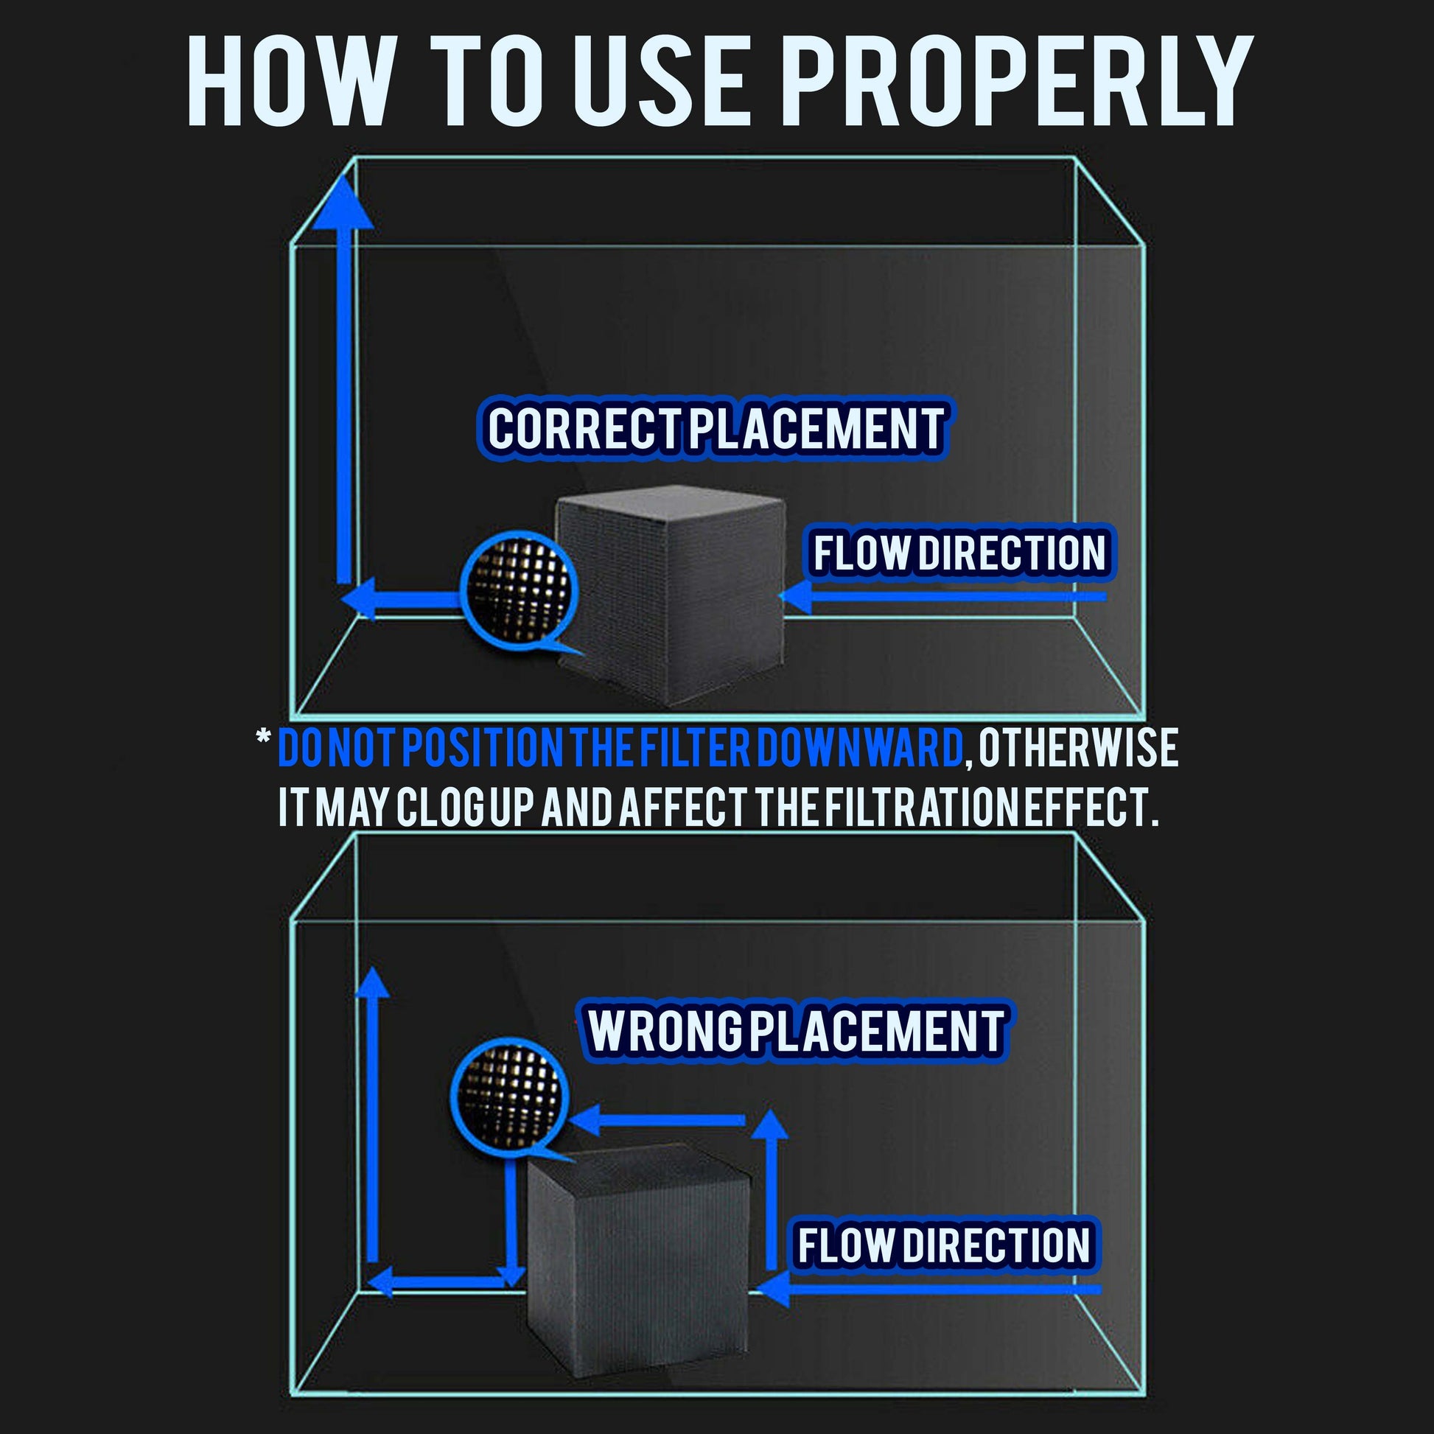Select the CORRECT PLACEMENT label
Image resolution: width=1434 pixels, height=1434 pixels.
point(714,428)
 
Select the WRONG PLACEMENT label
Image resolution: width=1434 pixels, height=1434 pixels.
point(797,1031)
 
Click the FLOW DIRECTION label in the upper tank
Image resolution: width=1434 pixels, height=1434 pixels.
point(961,552)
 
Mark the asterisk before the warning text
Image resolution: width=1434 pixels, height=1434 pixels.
point(263,740)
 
